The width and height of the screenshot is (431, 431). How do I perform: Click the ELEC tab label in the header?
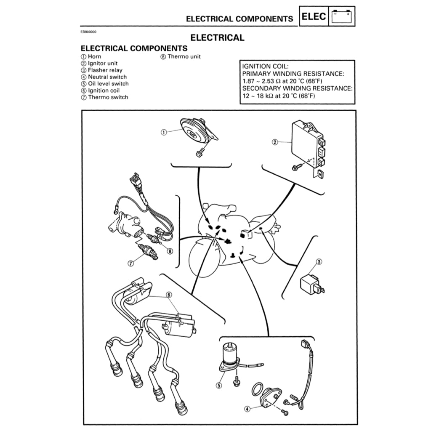[x=313, y=16]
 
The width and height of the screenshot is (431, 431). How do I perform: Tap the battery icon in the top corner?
[x=342, y=16]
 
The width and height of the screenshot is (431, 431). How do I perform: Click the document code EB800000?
[x=88, y=32]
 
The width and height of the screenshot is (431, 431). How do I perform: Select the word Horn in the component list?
[x=95, y=56]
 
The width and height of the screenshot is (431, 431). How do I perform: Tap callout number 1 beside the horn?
[x=164, y=133]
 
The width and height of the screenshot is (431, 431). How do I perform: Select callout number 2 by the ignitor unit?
[x=275, y=142]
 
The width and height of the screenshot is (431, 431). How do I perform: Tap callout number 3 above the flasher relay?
[x=319, y=262]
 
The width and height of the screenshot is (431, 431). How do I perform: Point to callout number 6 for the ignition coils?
[x=169, y=295]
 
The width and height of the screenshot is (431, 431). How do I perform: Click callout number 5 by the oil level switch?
[x=219, y=386]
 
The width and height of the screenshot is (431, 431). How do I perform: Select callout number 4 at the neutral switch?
[x=247, y=409]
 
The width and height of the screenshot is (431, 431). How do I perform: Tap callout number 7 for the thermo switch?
[x=131, y=263]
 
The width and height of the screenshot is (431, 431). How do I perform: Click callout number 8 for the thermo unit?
[x=170, y=251]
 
